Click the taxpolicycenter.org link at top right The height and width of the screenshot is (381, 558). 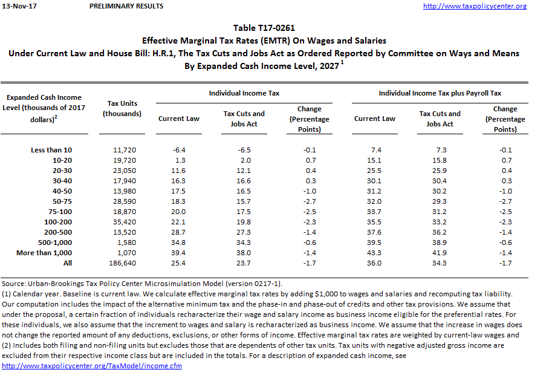475,6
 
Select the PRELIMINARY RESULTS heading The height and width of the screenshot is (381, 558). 126,6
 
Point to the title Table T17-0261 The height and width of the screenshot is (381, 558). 264,28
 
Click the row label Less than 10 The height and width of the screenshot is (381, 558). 51,150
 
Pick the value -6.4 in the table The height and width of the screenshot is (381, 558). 179,150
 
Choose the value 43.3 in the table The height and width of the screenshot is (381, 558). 375,253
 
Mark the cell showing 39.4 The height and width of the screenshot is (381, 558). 179,253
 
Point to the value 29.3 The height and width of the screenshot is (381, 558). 440,201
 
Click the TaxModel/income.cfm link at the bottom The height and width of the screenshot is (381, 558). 92,366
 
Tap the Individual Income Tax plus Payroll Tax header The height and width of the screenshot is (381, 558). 440,94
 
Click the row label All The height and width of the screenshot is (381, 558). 67,263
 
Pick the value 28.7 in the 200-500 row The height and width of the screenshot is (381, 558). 179,232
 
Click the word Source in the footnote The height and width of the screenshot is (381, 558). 13,284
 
